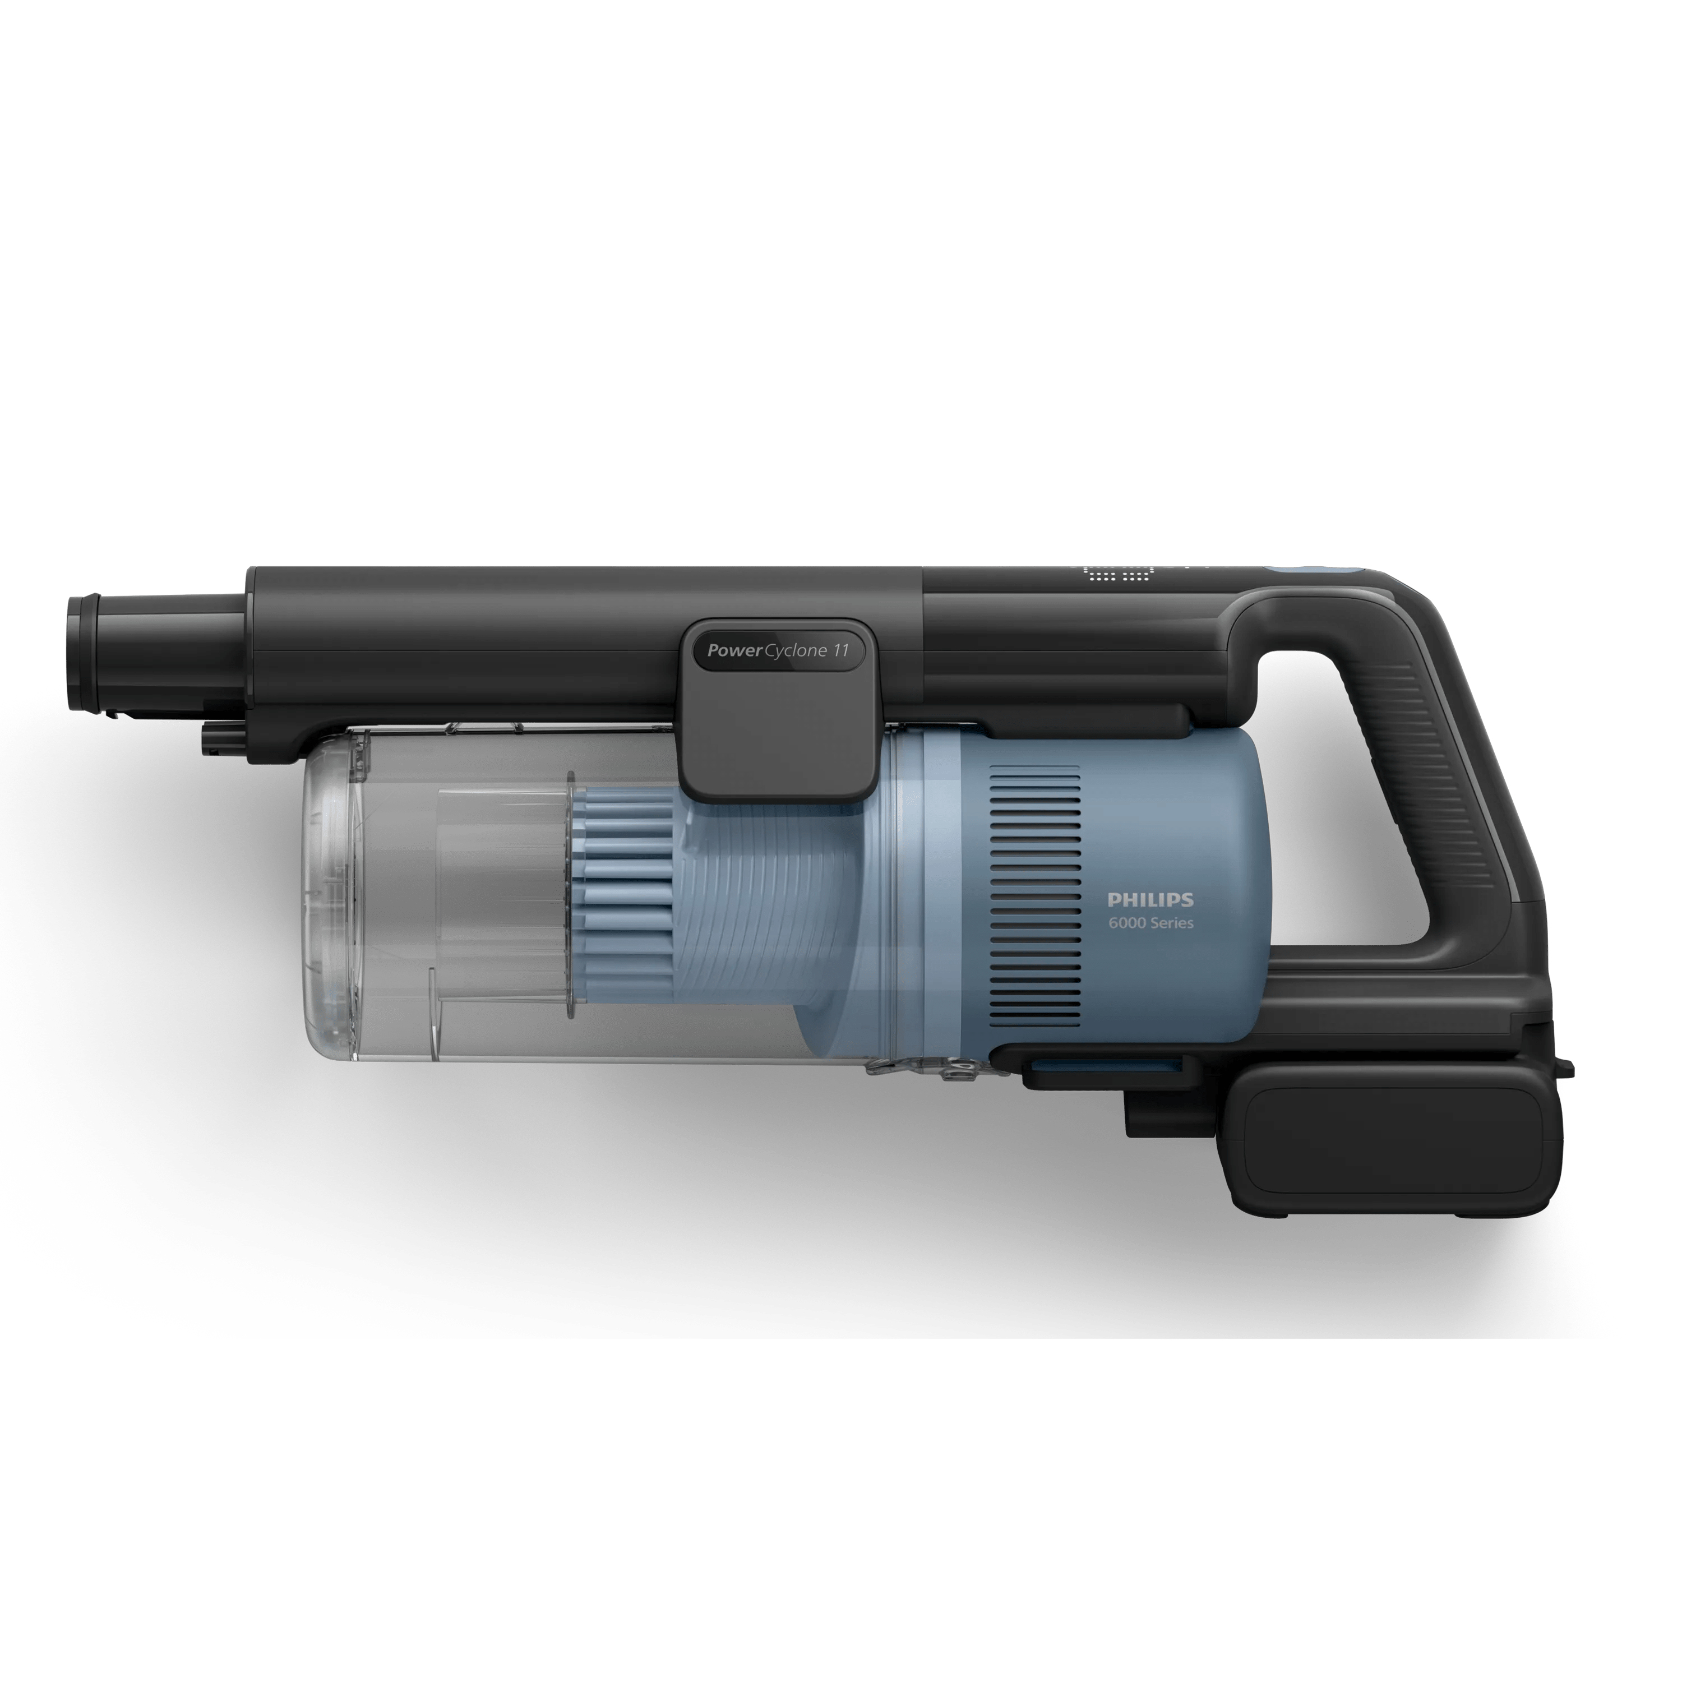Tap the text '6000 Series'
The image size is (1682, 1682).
[x=1150, y=923]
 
